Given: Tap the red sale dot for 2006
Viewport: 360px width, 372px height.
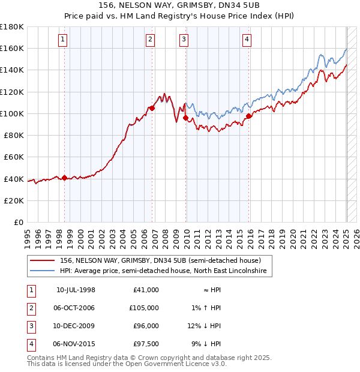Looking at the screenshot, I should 152,109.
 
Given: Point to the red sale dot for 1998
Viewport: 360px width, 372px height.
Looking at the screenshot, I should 65,178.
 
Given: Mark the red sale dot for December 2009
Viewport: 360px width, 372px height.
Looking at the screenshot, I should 186,118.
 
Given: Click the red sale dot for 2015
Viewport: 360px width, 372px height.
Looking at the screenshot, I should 249,116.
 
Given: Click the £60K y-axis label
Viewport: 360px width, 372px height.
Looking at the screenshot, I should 14,157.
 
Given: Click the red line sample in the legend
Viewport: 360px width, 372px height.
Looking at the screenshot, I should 43,261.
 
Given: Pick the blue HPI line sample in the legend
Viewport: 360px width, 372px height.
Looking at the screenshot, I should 43,272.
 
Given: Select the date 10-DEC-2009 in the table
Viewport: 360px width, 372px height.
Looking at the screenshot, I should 76,326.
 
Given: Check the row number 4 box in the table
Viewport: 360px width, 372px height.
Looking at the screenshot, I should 30,344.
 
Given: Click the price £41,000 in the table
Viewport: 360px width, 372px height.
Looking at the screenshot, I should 147,290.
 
